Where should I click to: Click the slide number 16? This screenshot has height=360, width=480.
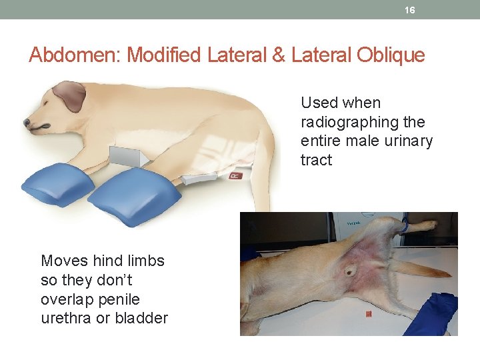pyautogui.click(x=410, y=10)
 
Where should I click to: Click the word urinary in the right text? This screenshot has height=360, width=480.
pyautogui.click(x=408, y=141)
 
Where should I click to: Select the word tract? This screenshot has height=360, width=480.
pyautogui.click(x=316, y=160)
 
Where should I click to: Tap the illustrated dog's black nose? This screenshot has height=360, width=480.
pyautogui.click(x=26, y=123)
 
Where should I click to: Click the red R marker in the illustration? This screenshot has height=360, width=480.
pyautogui.click(x=235, y=175)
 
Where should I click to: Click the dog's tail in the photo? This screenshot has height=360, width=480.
pyautogui.click(x=417, y=269)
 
